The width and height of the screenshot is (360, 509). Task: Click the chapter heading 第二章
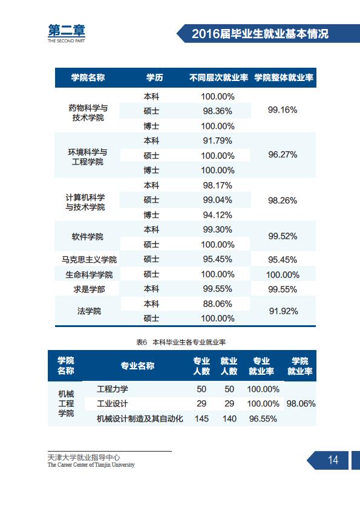click(67, 30)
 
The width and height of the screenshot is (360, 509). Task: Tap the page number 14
click(333, 459)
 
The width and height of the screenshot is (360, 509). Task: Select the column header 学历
click(154, 77)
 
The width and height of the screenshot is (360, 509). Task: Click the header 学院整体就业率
click(284, 77)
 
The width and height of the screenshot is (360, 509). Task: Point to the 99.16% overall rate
click(283, 110)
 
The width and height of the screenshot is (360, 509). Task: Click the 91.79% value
click(217, 141)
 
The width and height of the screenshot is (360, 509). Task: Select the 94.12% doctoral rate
click(217, 215)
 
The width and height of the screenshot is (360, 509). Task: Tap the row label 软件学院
click(87, 236)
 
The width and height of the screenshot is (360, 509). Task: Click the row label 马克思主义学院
click(89, 260)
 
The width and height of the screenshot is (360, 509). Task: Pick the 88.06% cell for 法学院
click(217, 304)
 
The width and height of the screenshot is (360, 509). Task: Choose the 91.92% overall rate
click(283, 311)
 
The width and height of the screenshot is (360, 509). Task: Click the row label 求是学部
click(89, 289)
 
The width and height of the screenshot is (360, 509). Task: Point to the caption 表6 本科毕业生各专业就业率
click(181, 342)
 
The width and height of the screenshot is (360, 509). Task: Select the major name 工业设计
click(113, 404)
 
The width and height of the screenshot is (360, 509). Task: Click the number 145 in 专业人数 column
click(201, 419)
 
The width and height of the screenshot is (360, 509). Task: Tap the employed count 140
click(229, 419)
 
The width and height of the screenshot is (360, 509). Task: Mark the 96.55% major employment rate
click(263, 419)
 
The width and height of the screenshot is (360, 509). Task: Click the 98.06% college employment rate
click(301, 404)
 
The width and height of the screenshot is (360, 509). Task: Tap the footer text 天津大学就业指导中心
click(84, 458)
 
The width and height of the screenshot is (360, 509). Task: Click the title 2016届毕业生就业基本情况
click(260, 34)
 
